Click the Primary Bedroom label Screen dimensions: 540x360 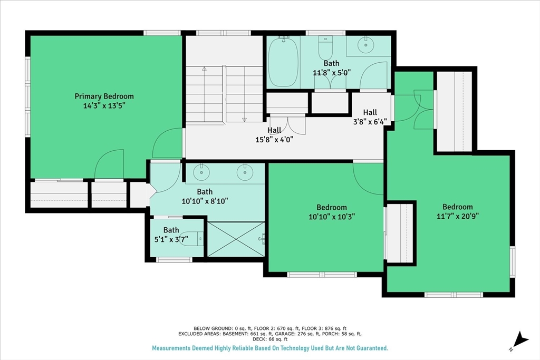point(104,96)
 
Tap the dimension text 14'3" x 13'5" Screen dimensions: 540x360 point(104,105)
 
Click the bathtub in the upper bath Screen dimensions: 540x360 point(283,62)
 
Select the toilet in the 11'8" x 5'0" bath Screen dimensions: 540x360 point(325,48)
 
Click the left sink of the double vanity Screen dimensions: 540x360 point(201,172)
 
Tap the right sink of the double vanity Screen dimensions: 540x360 point(245,172)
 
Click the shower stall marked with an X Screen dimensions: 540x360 point(236,239)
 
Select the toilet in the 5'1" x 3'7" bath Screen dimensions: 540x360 point(196,239)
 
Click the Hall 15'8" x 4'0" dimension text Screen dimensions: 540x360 point(274,139)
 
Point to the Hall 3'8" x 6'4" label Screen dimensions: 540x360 point(370,117)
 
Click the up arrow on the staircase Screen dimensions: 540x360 point(204,69)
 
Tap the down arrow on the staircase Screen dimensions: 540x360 point(245,120)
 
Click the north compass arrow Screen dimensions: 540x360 point(520,339)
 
